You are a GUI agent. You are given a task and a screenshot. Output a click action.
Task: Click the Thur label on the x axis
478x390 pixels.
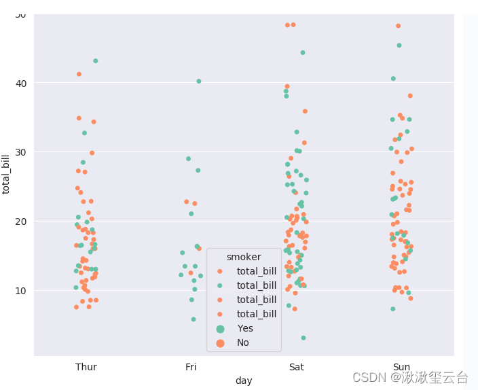tap(86, 367)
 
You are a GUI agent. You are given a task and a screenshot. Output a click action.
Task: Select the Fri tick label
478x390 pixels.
tap(191, 367)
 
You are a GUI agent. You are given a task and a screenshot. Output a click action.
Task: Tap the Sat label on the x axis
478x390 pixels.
tap(297, 367)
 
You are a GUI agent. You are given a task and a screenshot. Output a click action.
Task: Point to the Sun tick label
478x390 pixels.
tap(401, 367)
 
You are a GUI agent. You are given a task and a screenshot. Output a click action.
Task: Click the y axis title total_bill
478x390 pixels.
tap(7, 174)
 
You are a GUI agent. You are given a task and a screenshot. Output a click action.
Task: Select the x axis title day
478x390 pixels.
tap(244, 380)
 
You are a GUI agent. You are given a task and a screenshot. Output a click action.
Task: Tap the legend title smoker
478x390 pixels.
tap(244, 257)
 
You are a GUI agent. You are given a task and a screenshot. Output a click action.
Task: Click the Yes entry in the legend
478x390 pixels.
tap(245, 328)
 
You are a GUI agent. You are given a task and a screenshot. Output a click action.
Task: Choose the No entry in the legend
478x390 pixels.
tap(243, 342)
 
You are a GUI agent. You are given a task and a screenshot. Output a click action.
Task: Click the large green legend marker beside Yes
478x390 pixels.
tap(220, 328)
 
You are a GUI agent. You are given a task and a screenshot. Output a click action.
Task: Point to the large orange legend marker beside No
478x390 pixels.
tap(220, 342)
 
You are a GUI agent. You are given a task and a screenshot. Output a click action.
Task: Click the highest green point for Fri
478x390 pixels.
tap(199, 82)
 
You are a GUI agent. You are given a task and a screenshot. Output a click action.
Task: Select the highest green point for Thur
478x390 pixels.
tap(96, 61)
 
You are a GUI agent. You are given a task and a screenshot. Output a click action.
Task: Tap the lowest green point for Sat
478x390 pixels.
tap(304, 338)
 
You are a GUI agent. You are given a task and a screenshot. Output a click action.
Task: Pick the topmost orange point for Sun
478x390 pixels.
tap(399, 26)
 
